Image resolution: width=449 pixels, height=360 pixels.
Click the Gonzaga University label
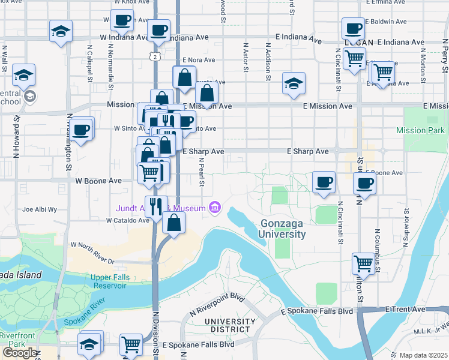pos(283,229)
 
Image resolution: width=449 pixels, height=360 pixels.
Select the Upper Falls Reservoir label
pos(109,281)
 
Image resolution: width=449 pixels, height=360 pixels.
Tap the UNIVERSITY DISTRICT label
pos(226,325)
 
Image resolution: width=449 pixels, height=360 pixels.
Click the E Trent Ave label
pos(405,309)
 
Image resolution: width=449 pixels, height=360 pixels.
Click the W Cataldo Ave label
pos(127,220)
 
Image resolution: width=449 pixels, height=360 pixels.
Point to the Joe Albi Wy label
pos(39,209)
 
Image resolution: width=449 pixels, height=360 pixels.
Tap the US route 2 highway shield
pos(155,56)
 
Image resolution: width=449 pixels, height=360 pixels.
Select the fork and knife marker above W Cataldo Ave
pos(156,206)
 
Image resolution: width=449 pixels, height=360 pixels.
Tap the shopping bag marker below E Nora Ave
pos(184,77)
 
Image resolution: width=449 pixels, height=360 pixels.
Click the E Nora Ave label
pos(198,60)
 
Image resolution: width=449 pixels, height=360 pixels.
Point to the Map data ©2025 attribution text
pos(423,355)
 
